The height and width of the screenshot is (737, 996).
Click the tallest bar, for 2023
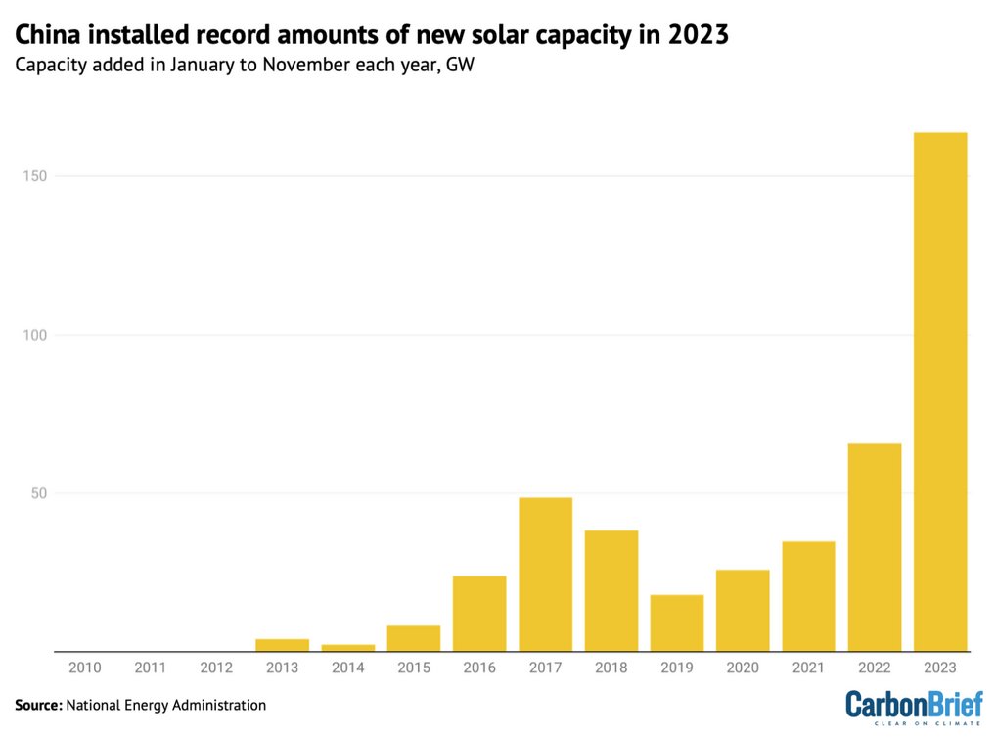click(940, 392)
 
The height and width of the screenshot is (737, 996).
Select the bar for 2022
click(875, 547)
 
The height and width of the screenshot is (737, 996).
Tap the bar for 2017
click(545, 575)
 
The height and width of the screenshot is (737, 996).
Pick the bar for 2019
click(677, 622)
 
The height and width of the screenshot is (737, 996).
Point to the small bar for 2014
click(348, 647)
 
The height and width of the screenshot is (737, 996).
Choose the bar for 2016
click(479, 614)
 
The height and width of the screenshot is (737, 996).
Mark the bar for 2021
click(809, 596)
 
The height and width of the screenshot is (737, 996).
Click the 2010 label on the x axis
click(85, 667)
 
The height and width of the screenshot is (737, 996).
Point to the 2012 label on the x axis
click(216, 667)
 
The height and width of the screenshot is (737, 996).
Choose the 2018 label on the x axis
click(611, 667)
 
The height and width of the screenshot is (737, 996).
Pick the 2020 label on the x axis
click(743, 667)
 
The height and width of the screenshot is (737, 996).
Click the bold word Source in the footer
click(38, 704)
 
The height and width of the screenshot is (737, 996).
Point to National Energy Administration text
click(166, 704)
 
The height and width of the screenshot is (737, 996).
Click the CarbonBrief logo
click(913, 705)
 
